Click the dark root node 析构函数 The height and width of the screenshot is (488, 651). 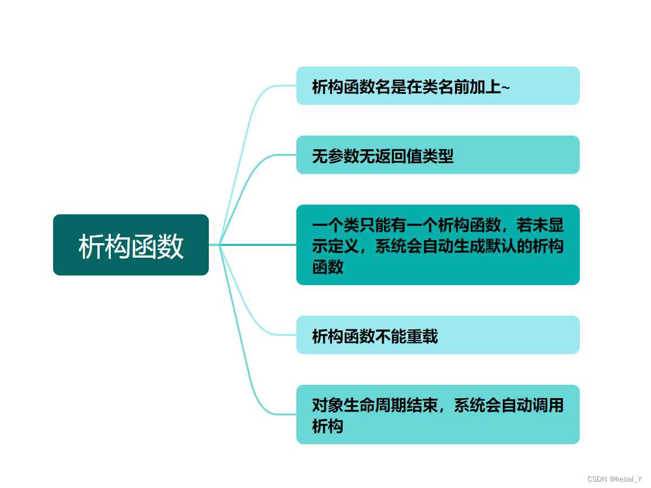131,245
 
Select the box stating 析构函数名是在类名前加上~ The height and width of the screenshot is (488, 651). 437,86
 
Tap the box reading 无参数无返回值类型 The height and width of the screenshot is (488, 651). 437,155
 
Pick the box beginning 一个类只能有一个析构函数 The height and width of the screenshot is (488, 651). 437,245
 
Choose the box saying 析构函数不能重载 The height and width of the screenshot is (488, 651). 437,335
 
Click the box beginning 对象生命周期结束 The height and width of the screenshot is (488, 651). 437,415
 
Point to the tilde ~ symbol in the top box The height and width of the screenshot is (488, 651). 506,87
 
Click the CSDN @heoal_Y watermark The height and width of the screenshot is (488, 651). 614,479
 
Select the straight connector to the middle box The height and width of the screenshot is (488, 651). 257,245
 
